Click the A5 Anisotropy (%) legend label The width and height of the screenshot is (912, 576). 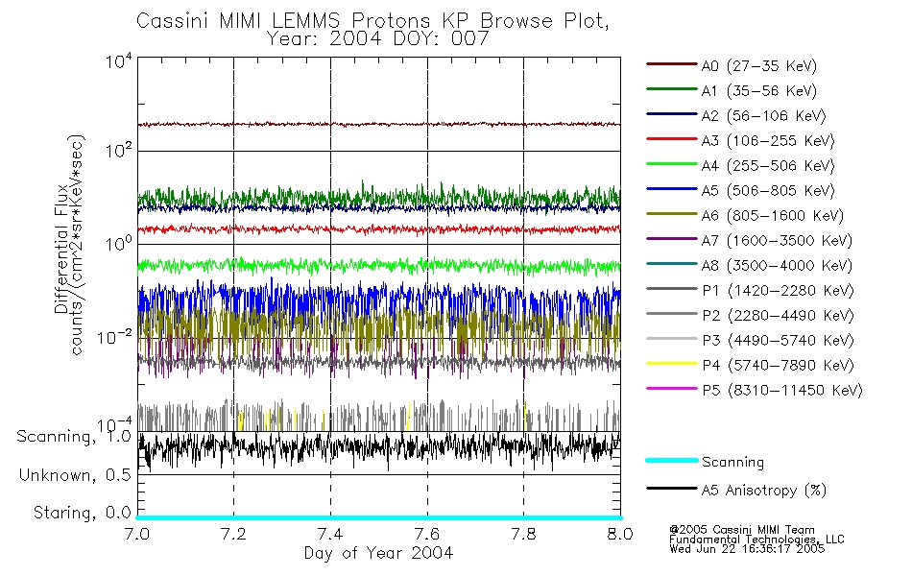pyautogui.click(x=763, y=491)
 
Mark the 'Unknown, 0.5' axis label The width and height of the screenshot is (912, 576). pyautogui.click(x=75, y=475)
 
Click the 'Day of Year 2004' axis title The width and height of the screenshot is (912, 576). pyautogui.click(x=378, y=553)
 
